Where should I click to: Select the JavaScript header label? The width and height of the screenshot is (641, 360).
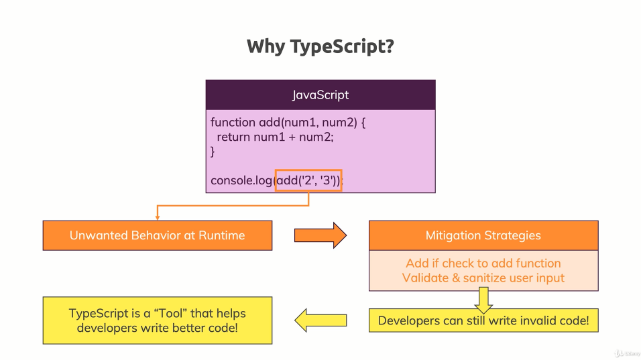tap(320, 95)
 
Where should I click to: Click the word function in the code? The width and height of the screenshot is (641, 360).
tap(233, 123)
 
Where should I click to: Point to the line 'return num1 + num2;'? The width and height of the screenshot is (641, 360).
tap(275, 137)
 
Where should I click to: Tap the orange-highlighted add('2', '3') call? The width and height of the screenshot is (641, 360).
tap(308, 180)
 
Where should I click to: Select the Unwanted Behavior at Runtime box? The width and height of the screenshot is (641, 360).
tap(158, 235)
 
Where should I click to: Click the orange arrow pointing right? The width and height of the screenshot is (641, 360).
tap(320, 235)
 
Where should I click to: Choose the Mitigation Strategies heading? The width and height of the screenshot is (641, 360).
tap(483, 235)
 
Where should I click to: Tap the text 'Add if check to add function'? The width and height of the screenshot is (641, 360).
tap(483, 263)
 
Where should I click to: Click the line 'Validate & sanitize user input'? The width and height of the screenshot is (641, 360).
tap(483, 278)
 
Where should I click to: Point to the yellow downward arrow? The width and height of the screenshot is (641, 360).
tap(483, 300)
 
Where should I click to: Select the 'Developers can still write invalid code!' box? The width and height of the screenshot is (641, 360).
tap(483, 320)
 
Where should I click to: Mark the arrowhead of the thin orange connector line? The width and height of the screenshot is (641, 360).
tap(157, 217)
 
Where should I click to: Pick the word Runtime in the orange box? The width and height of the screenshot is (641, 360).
tap(222, 235)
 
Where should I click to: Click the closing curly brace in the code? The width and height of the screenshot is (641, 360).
tap(213, 152)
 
